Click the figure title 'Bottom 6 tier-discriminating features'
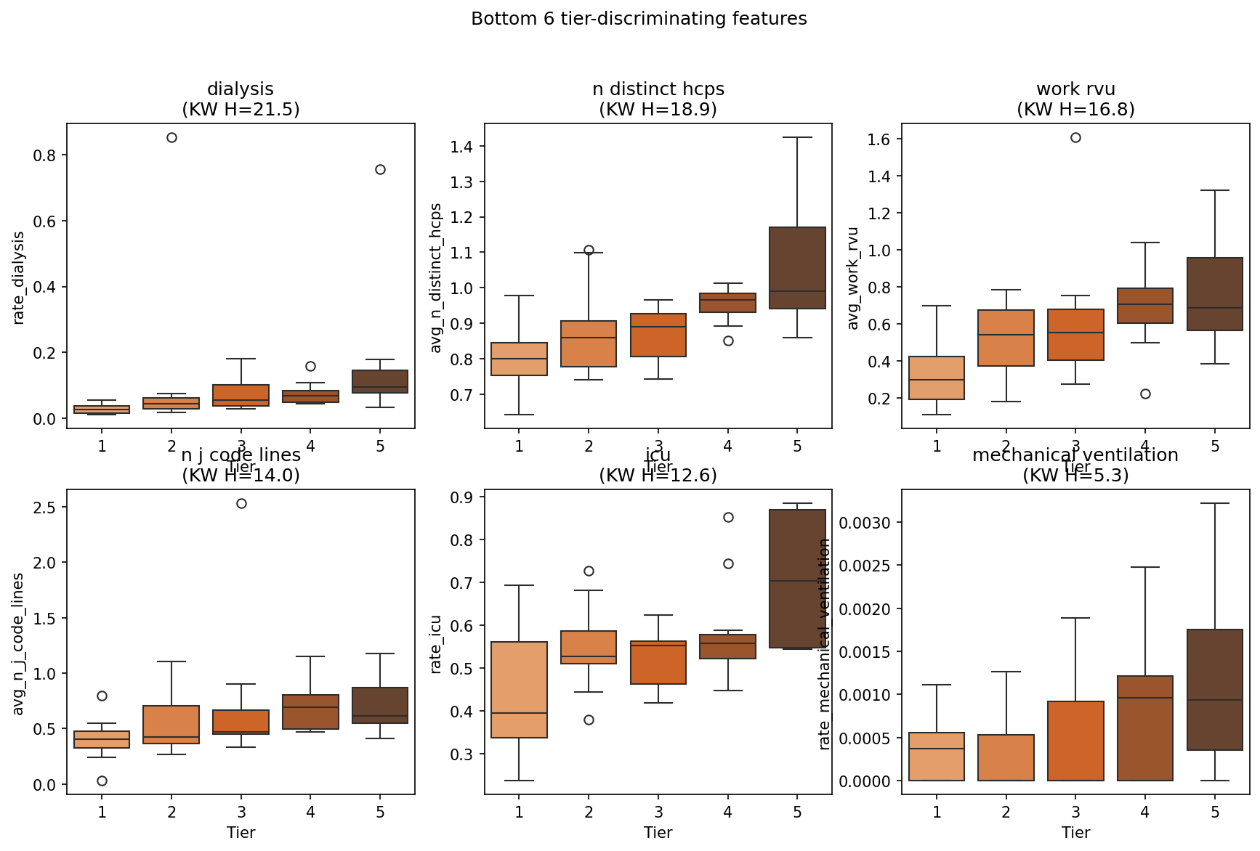tap(639, 19)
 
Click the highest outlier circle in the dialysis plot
tap(171, 138)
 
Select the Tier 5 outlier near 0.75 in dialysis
tap(380, 169)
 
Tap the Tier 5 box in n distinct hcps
tap(797, 268)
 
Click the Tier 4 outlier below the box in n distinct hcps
tap(728, 341)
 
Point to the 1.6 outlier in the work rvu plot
tap(1075, 138)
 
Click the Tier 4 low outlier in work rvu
tap(1145, 394)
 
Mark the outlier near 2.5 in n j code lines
tap(241, 503)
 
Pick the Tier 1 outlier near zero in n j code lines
tap(102, 781)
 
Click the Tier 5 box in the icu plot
tap(797, 579)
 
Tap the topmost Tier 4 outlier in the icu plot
tap(728, 517)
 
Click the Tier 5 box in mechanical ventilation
tap(1215, 690)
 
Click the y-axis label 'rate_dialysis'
tap(20, 277)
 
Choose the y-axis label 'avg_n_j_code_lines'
tap(20, 643)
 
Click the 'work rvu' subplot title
tap(1075, 89)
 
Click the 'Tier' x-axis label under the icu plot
tap(658, 832)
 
